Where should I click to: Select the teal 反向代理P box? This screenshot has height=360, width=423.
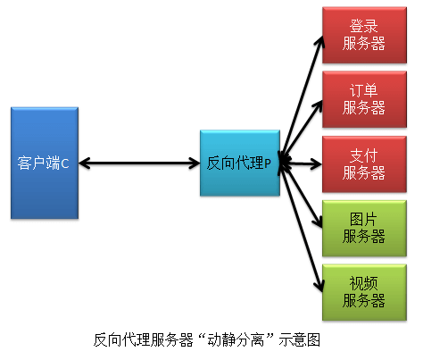pyautogui.click(x=238, y=163)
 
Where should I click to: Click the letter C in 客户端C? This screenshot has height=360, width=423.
pyautogui.click(x=64, y=163)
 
